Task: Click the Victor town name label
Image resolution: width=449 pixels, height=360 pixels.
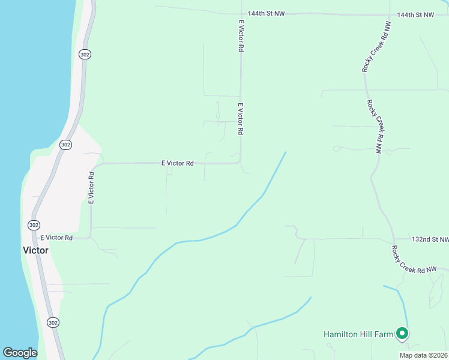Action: coord(35,250)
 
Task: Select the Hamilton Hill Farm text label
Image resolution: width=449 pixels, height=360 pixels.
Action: coord(358,334)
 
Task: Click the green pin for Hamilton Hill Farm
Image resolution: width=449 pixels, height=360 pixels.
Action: coord(402,333)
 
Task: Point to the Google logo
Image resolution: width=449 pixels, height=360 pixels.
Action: coord(20,353)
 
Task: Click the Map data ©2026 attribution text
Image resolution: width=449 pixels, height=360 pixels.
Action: coord(423,355)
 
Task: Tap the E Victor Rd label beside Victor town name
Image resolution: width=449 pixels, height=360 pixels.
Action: coord(56,238)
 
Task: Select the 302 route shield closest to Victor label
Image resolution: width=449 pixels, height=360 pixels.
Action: coord(34,224)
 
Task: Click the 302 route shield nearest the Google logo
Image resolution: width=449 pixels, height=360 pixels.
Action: coord(53,322)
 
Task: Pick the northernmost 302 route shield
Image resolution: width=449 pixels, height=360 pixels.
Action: coord(85,55)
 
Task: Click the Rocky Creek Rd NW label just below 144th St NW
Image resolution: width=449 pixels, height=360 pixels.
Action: coord(376,48)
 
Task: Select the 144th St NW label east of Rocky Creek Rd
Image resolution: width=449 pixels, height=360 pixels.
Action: coord(415,14)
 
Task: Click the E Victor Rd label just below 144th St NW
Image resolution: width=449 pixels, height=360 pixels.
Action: coord(241,35)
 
